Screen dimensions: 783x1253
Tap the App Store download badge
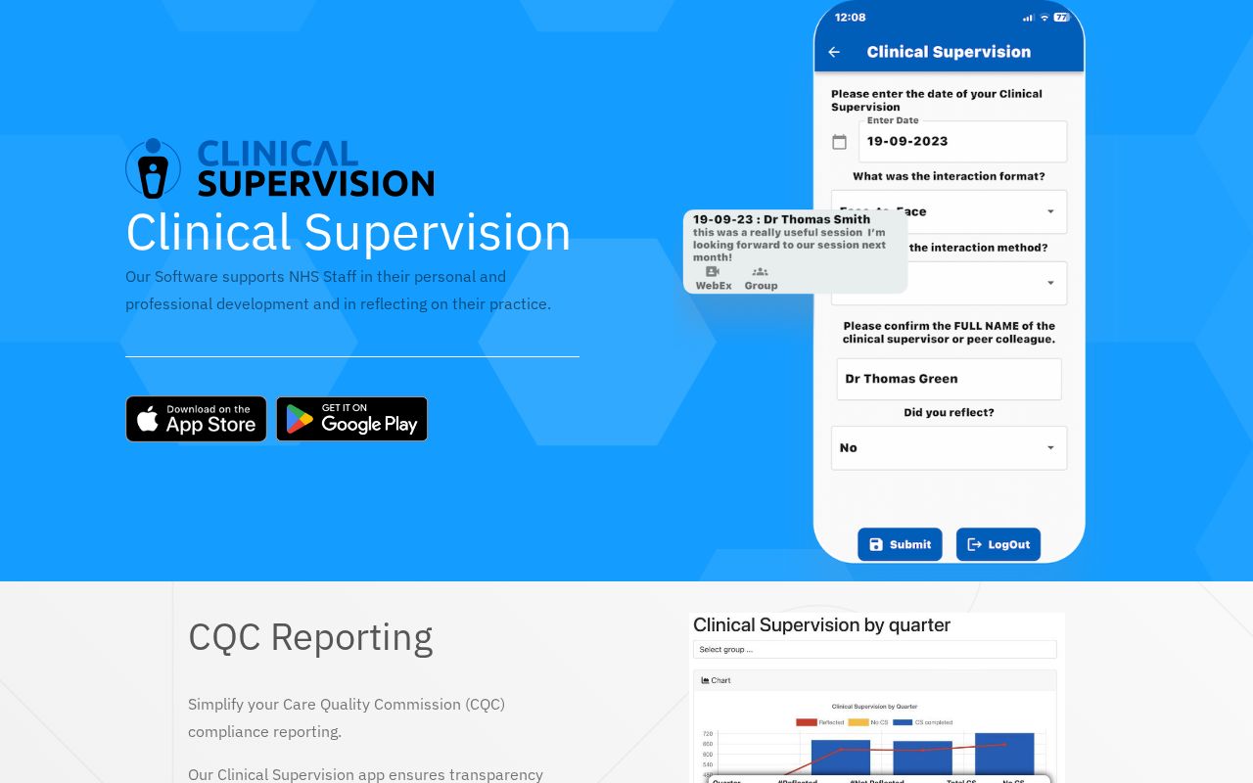[196, 419]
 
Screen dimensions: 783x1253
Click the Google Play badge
[351, 419]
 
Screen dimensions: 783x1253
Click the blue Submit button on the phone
[900, 544]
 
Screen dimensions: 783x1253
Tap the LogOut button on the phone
[998, 544]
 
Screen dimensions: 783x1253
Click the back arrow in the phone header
[834, 53]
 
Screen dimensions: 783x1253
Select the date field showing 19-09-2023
[962, 142]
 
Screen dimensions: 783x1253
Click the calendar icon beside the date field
[839, 142]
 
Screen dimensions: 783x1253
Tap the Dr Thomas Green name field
[948, 379]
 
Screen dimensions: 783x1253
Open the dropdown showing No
[948, 448]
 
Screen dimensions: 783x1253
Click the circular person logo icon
[153, 168]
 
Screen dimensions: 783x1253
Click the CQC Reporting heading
[310, 637]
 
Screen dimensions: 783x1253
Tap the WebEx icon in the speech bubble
[713, 272]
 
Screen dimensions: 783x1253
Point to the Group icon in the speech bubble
[760, 272]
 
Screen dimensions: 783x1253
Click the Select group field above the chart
[874, 649]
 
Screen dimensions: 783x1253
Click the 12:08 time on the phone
[850, 18]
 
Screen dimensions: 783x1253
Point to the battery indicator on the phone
[1061, 18]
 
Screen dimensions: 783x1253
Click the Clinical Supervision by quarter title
[821, 625]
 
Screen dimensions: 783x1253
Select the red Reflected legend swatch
[806, 722]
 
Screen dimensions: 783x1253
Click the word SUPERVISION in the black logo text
[315, 183]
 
